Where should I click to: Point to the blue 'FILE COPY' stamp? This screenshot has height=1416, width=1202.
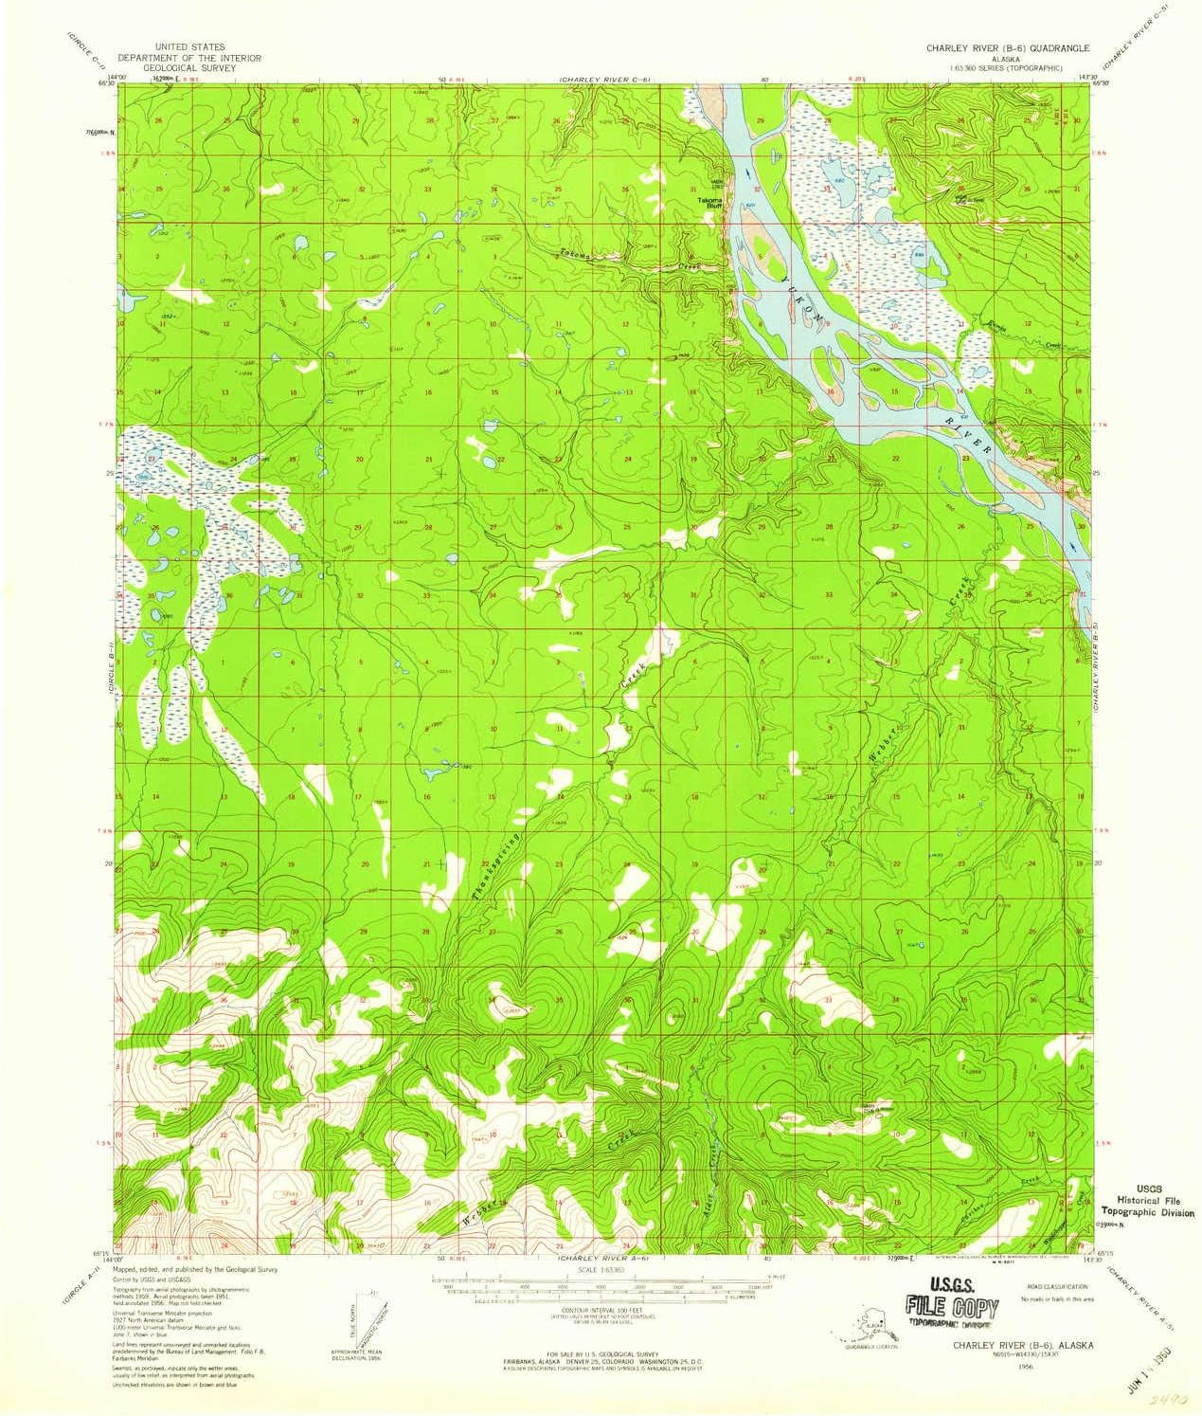coord(951,1308)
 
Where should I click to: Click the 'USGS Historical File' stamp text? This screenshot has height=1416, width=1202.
coord(1147,1200)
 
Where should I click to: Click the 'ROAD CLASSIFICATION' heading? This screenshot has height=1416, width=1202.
coord(1049,1288)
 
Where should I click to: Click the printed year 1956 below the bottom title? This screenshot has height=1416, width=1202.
coord(1025,1366)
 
